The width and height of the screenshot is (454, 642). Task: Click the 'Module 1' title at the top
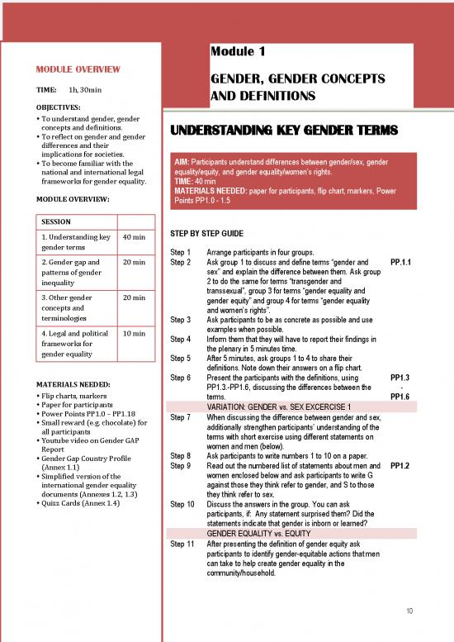pyautogui.click(x=238, y=52)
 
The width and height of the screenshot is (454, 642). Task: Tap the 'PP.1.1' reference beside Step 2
pyautogui.click(x=400, y=262)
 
